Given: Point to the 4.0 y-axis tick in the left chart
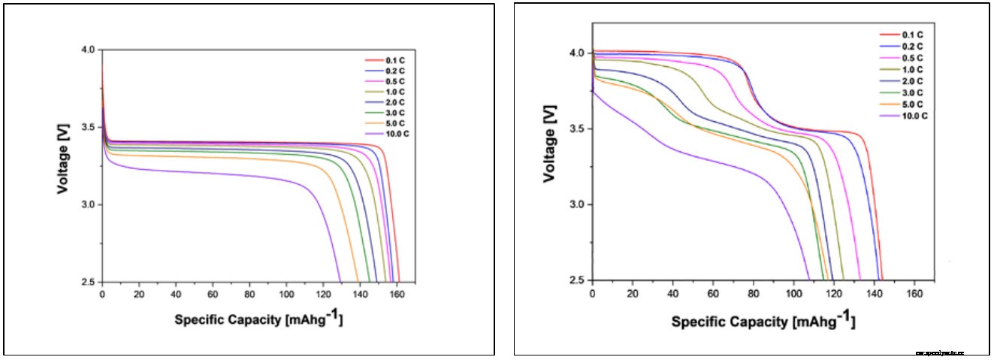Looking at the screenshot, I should coord(89,50).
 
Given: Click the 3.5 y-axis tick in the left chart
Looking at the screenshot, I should coord(89,127).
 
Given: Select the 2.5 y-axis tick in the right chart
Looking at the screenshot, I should coord(578,280).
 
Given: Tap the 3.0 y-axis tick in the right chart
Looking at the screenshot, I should coord(578,204).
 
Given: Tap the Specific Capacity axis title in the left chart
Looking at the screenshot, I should coord(259,319).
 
